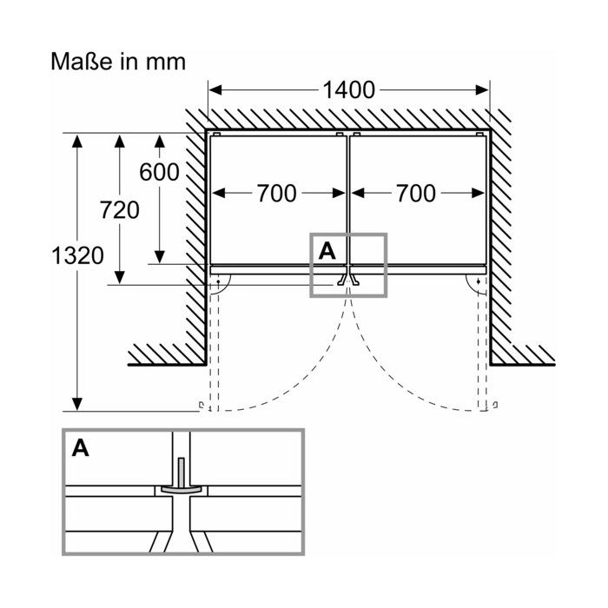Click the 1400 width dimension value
[x=348, y=90]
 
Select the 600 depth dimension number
[x=159, y=172]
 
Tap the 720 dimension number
[x=120, y=210]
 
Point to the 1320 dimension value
[x=77, y=256]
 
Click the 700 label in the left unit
[x=276, y=194]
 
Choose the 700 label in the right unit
[x=415, y=194]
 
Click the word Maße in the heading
[x=82, y=62]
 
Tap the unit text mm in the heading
[x=166, y=64]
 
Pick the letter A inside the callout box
[x=327, y=251]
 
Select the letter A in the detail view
[x=80, y=448]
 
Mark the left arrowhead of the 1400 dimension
[x=215, y=90]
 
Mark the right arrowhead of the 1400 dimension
[x=482, y=90]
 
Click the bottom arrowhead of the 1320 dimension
[x=77, y=404]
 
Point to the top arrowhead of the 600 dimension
[x=159, y=141]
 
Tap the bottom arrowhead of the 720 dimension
[x=120, y=278]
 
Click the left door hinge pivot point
[x=218, y=281]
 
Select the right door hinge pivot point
[x=478, y=281]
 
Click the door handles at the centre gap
[x=348, y=280]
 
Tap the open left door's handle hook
[x=202, y=406]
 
